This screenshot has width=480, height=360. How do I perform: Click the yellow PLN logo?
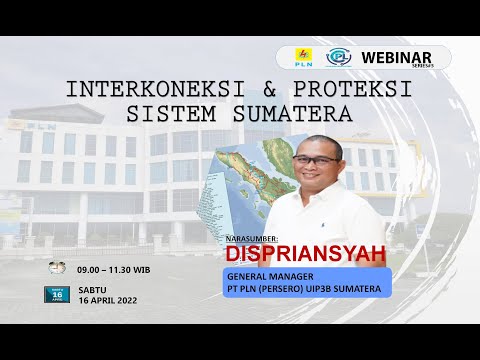pos(304,57)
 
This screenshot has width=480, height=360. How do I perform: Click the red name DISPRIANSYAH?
pos(305,255)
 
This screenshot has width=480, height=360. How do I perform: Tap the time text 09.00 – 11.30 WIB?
pos(114,269)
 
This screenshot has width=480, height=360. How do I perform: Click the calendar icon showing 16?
pos(58,294)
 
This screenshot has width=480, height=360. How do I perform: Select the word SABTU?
pos(93,289)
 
